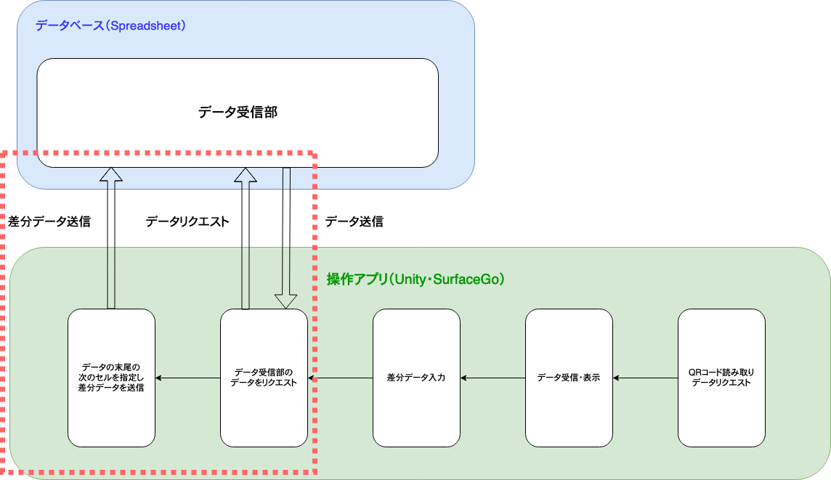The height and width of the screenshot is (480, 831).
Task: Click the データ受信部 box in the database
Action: [238, 113]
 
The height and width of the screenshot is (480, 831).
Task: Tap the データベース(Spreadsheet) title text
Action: [111, 26]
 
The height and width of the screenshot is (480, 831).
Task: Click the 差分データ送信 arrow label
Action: [49, 222]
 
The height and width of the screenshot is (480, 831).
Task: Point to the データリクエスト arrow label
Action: [187, 222]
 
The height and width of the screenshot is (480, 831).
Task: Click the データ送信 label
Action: [354, 222]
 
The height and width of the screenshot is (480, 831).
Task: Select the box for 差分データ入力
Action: [416, 378]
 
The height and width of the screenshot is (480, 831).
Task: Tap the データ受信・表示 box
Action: [569, 378]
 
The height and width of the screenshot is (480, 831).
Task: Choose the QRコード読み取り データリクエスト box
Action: [721, 378]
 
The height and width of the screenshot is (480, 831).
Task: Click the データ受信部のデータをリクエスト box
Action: [264, 378]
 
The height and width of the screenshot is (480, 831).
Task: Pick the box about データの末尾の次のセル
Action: [111, 378]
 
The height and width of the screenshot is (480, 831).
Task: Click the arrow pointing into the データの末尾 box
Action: [187, 378]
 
